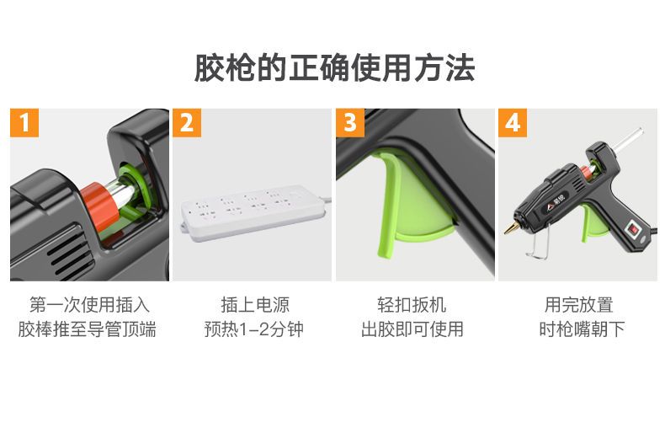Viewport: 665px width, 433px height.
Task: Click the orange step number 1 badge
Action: coord(24,123)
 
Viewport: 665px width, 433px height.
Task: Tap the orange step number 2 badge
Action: coord(187,123)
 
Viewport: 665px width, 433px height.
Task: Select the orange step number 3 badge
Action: coord(350,123)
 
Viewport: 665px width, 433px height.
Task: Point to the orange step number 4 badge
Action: coord(513,123)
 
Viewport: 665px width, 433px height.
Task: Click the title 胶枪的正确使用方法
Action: coord(334,68)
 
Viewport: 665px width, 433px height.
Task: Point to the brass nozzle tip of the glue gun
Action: coord(510,227)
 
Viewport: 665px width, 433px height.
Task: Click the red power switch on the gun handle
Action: coord(633,228)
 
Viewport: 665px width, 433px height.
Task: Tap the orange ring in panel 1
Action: coord(100,203)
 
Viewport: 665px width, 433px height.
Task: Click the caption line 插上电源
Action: coord(255,305)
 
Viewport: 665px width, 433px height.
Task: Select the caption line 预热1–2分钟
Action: coord(254,329)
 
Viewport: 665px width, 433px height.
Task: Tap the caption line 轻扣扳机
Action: coord(412,305)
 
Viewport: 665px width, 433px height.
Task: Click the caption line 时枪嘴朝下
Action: coord(582,329)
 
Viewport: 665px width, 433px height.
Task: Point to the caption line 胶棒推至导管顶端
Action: coord(87,329)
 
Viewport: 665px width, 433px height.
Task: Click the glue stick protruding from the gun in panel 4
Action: coord(628,141)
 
